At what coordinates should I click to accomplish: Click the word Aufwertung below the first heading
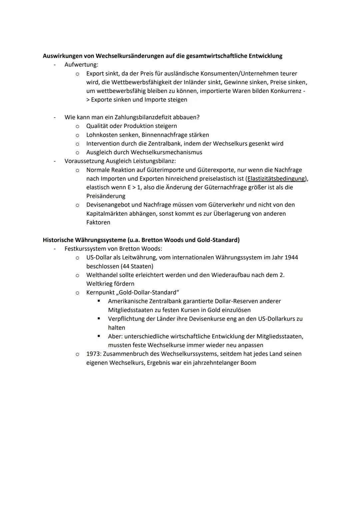pyautogui.click(x=81, y=65)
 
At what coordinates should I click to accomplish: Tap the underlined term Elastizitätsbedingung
pyautogui.click(x=276, y=179)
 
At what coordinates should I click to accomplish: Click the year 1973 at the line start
pyautogui.click(x=93, y=354)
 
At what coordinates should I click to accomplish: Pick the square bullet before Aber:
pyautogui.click(x=99, y=336)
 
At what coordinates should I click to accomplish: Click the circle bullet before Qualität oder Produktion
pyautogui.click(x=77, y=126)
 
